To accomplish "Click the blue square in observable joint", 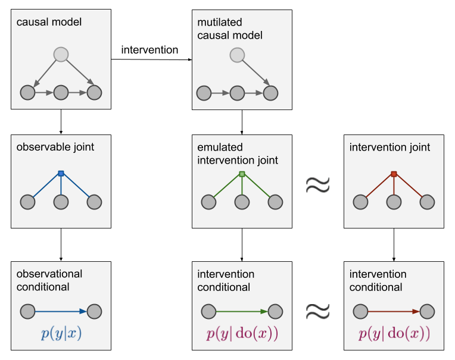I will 61,173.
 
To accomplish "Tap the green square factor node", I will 242,174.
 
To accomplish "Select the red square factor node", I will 394,174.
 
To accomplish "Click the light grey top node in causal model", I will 61,55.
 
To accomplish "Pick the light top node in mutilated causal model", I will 238,55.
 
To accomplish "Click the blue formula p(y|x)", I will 61,333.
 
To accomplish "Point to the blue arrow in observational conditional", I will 61,311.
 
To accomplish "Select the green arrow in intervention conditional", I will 242,311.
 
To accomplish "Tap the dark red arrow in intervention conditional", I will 394,311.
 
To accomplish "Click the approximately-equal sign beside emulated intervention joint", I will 318,185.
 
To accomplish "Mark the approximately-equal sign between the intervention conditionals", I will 318,311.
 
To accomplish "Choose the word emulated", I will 220,147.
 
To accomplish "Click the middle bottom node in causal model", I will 61,93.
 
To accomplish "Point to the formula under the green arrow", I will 242,333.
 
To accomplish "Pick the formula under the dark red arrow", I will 394,333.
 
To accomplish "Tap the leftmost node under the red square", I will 360,202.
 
